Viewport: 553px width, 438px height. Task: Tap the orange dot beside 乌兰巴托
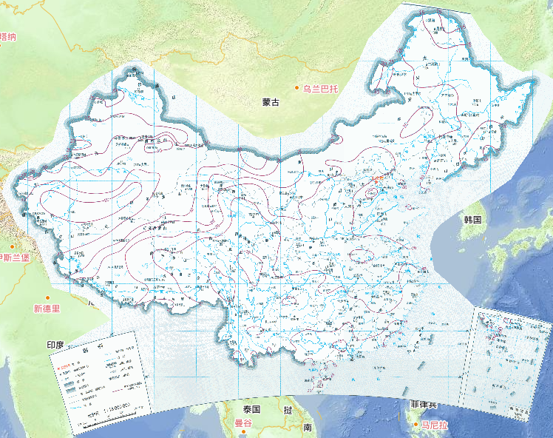(297, 89)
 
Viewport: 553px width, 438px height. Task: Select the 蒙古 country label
(271, 102)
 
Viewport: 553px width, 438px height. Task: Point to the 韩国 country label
(473, 220)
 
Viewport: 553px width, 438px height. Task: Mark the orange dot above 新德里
(47, 297)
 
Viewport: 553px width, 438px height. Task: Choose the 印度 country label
(56, 345)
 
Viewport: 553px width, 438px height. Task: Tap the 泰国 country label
(251, 409)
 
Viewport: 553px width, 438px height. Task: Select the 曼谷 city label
(244, 423)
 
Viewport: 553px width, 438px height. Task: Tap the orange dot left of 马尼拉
(416, 425)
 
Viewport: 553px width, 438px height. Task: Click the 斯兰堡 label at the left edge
(15, 257)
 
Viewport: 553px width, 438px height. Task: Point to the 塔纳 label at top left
(9, 36)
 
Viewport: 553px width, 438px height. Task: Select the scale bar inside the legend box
(96, 415)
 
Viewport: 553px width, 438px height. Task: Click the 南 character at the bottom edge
(307, 427)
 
